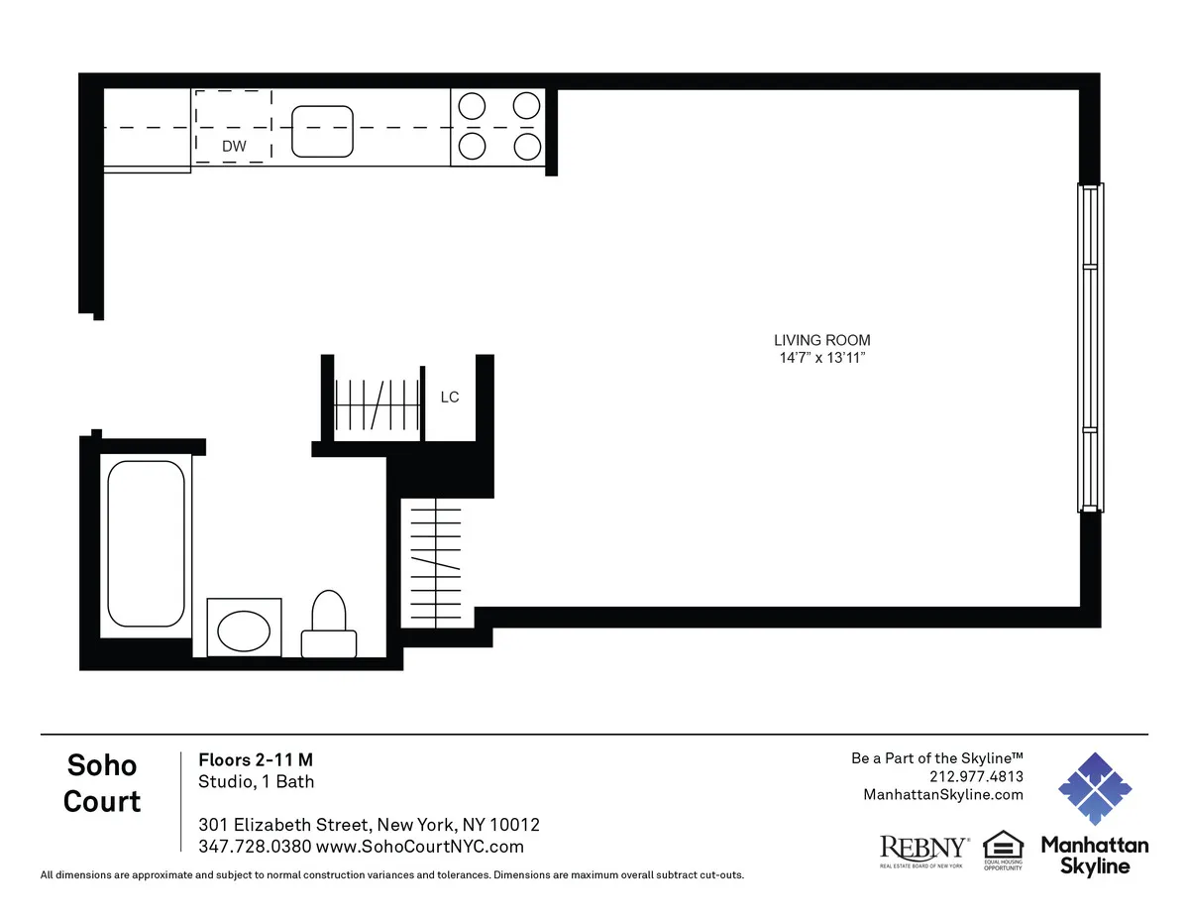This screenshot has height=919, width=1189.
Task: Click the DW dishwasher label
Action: (234, 147)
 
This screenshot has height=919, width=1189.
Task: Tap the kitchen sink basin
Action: (322, 132)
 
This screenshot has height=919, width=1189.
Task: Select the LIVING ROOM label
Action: (822, 340)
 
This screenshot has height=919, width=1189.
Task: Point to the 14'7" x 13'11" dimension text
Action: (822, 357)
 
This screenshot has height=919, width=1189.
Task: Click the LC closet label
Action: (450, 398)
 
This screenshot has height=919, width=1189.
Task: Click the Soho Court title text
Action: (102, 782)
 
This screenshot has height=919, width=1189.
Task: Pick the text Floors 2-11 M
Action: (256, 760)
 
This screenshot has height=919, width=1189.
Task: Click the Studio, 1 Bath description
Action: (257, 781)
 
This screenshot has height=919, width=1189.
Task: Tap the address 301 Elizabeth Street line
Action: (369, 825)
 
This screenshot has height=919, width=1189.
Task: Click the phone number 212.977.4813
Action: (977, 776)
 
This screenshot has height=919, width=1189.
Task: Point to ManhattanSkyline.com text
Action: (943, 794)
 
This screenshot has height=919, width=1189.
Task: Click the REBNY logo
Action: (923, 849)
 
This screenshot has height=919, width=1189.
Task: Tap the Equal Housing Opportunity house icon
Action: (1002, 847)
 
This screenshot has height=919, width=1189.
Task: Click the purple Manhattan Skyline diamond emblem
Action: (1095, 789)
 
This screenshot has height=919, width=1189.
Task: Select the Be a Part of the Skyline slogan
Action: (936, 758)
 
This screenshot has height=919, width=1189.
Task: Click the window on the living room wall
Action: (1090, 347)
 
